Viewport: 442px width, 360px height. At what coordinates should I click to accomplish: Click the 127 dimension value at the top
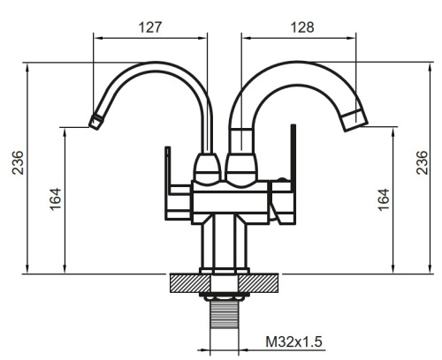[151, 27]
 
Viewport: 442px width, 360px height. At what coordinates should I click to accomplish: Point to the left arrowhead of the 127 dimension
[96, 39]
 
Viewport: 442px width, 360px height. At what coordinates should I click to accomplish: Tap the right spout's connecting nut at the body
[240, 166]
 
